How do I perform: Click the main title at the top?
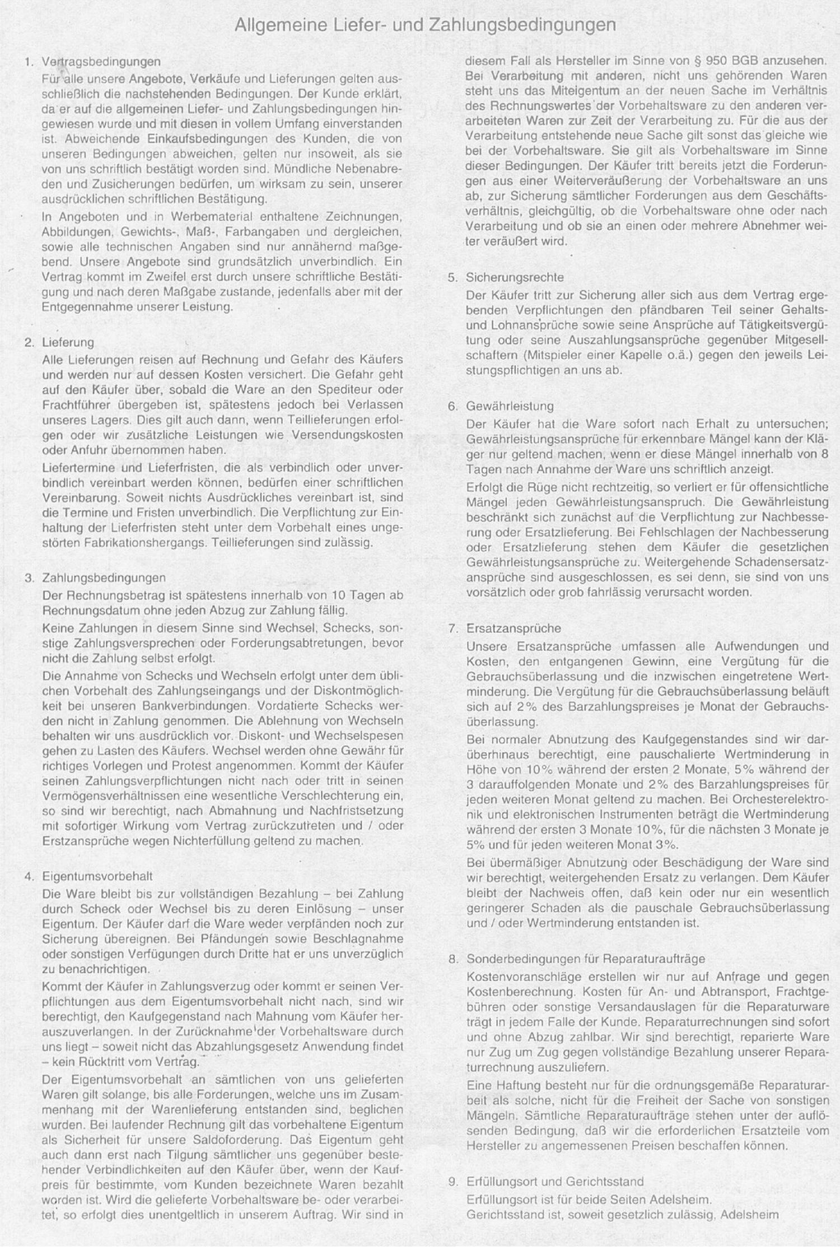coord(425,26)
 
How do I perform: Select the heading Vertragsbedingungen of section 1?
coord(101,61)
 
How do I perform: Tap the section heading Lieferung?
coord(68,342)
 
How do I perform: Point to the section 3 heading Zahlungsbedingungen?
coord(104,578)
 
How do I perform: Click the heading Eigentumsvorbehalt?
coord(97,876)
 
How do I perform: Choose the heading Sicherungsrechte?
coord(515,277)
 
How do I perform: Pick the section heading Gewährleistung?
coord(510,406)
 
